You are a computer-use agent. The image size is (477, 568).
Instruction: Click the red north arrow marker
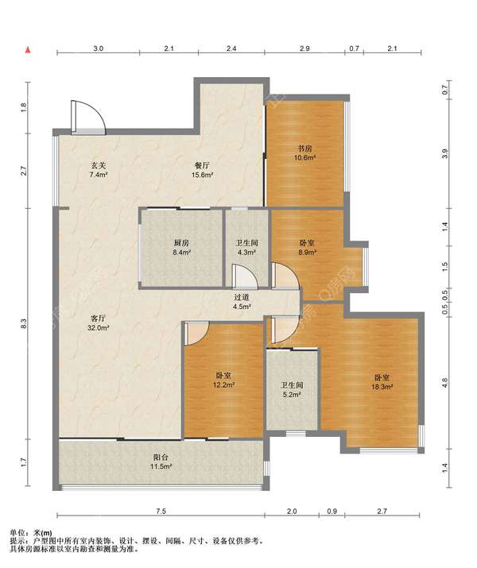(28, 49)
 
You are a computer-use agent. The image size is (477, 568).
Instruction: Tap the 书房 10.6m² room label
(304, 153)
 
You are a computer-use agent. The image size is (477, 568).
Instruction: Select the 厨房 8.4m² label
(181, 247)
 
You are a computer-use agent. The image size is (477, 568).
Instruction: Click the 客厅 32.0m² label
(99, 323)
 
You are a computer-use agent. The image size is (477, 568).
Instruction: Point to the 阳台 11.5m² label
(161, 462)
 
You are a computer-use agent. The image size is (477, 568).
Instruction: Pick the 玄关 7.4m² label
(99, 170)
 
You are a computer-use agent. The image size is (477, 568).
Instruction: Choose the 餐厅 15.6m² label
(202, 170)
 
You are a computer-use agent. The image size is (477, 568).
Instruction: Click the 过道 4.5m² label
(242, 302)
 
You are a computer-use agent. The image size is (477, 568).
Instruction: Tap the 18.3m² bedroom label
(382, 382)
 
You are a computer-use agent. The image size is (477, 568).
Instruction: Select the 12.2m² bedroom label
(223, 381)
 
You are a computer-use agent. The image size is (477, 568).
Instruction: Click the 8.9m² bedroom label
(307, 247)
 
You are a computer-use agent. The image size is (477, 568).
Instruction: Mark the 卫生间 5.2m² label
(292, 389)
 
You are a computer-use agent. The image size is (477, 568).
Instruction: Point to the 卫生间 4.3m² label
(246, 247)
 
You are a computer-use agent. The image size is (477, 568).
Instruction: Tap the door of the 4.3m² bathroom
(245, 276)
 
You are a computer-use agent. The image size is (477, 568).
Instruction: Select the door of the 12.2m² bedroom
(197, 334)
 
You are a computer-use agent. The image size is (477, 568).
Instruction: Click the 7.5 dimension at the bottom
(161, 511)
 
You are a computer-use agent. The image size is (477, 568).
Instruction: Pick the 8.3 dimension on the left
(24, 323)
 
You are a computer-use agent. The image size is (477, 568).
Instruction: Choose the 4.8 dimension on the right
(445, 383)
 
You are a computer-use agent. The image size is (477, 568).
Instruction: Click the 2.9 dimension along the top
(304, 48)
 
